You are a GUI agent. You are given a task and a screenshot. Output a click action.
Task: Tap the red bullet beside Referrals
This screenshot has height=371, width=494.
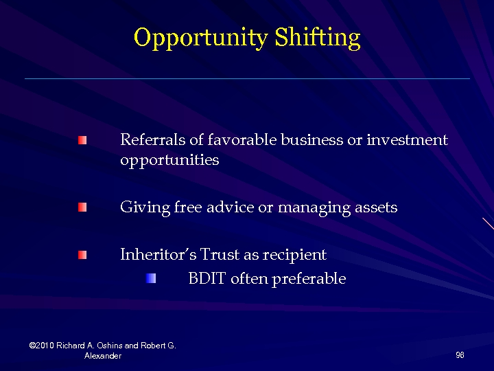82,140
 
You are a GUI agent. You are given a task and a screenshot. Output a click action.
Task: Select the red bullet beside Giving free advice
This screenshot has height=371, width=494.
82,207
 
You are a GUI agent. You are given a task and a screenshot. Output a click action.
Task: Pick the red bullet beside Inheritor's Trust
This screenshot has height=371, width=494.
82,255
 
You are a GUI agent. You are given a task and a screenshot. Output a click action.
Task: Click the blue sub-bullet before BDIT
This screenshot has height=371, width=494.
151,278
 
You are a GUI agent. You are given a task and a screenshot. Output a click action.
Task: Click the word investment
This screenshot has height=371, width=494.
407,140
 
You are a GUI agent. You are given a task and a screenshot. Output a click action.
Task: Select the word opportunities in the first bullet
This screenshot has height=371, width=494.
169,161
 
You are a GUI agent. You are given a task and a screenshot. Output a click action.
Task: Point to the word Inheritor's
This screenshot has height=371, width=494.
158,255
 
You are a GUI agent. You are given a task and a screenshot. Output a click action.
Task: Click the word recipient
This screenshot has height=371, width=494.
294,255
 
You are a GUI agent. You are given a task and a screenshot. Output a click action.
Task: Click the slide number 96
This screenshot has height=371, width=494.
460,355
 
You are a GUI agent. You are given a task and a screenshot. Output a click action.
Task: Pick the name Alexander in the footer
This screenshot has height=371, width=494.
103,356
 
